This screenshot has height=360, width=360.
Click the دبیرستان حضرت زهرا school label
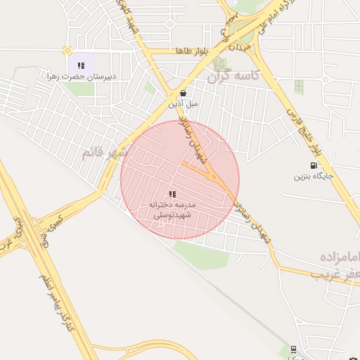pos(80,75)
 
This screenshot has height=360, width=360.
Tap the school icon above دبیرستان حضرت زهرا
pos(81,65)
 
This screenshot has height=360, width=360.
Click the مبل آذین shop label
pos(182,103)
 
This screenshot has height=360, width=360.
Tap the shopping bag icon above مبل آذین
pos(183,92)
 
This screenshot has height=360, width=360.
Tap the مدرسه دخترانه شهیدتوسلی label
pos(173,207)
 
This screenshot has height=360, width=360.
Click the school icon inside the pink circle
pos(172,193)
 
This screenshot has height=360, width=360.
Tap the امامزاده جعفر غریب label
pos(330,264)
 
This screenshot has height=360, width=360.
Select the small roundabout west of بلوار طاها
pos(67,51)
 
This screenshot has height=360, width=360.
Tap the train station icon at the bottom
pos(292,349)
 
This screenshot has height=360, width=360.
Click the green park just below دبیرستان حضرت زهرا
pos(82,89)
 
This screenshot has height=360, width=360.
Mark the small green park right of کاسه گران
pos(299,86)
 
